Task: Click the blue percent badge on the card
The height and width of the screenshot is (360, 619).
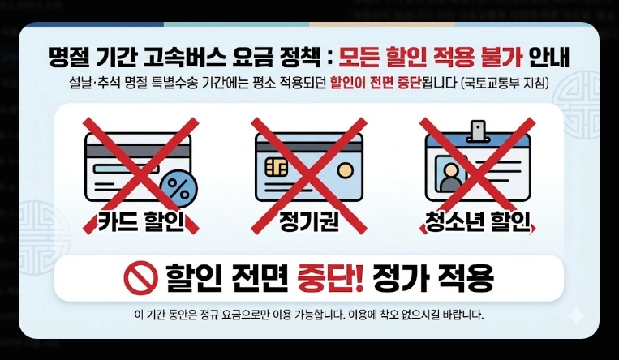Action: coord(178,189)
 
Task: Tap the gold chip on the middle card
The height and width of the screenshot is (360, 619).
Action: coord(274,166)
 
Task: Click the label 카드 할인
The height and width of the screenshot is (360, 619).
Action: coord(140,221)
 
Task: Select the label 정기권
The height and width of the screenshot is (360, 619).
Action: coord(308,221)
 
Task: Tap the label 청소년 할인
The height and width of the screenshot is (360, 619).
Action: coord(477,221)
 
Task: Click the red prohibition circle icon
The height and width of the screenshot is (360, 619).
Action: coord(140,278)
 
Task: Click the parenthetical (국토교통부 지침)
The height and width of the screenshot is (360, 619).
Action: coord(504,84)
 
